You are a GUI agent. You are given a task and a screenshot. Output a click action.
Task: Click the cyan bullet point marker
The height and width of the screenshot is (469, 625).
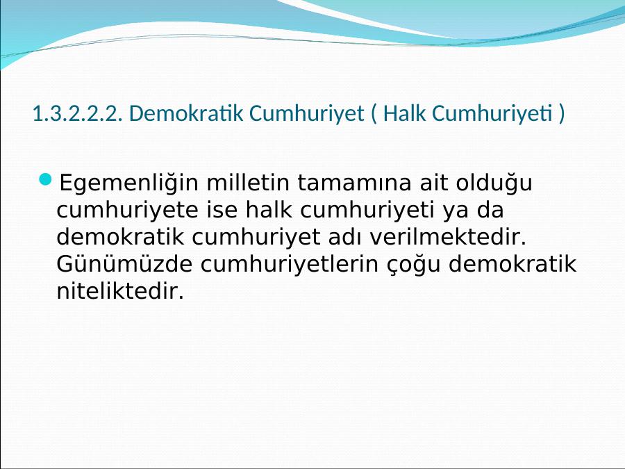(46, 179)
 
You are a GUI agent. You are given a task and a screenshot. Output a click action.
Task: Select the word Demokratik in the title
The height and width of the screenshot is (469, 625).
(186, 113)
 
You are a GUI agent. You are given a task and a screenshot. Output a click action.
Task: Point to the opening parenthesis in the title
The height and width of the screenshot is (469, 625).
(374, 114)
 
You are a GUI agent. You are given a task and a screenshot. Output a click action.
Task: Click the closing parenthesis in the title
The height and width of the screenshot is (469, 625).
(562, 114)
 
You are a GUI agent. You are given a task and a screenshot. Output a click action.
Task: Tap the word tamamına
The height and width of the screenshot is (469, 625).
(354, 183)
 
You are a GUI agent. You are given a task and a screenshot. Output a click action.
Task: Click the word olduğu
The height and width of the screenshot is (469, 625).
(494, 183)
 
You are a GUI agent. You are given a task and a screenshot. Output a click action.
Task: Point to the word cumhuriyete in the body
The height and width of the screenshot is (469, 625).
(127, 211)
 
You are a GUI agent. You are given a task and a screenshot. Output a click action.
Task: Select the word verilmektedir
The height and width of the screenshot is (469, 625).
(448, 237)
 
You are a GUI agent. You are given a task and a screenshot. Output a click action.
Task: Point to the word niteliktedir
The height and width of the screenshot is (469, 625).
(120, 291)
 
